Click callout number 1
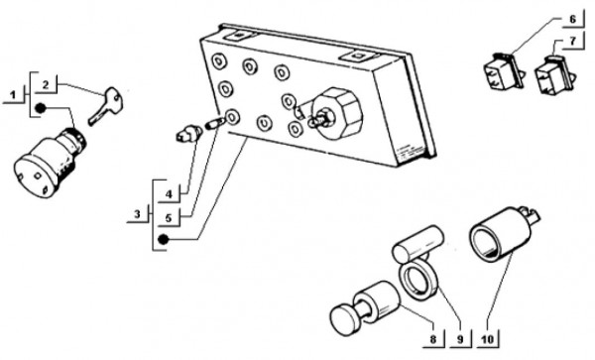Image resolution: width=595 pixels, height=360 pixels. point(13,95)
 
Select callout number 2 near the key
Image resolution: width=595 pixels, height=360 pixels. point(46,85)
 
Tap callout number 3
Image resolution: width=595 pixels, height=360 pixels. point(137,214)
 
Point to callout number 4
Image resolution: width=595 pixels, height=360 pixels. point(169,194)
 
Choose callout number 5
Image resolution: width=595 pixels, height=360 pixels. point(169,218)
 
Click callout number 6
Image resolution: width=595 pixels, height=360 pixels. point(572,19)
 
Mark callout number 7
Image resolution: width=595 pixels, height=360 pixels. point(573,41)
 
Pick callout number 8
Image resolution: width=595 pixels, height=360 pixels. point(433,339)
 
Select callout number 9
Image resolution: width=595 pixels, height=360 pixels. point(460,339)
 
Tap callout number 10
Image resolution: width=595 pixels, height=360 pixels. point(488,339)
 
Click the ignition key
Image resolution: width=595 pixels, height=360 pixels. point(105,106)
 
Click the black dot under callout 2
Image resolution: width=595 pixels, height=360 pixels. point(41,108)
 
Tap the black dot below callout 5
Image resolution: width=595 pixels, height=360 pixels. point(164,239)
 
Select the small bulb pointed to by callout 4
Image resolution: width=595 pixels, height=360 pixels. point(189,133)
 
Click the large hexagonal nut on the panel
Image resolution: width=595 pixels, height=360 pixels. point(336,114)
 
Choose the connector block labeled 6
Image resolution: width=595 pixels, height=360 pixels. point(504,71)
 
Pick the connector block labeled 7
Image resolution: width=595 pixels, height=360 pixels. point(554,74)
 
